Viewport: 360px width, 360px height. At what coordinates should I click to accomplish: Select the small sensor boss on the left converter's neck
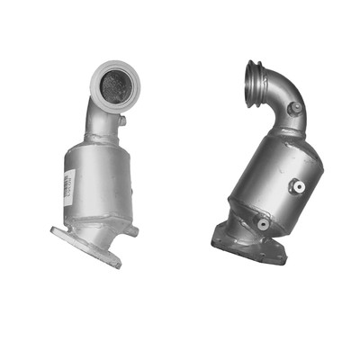121,121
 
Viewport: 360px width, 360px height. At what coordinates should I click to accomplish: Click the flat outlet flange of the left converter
86,247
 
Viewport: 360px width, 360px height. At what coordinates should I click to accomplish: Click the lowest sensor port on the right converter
262,224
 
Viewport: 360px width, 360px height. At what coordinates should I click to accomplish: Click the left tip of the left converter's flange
55,232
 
